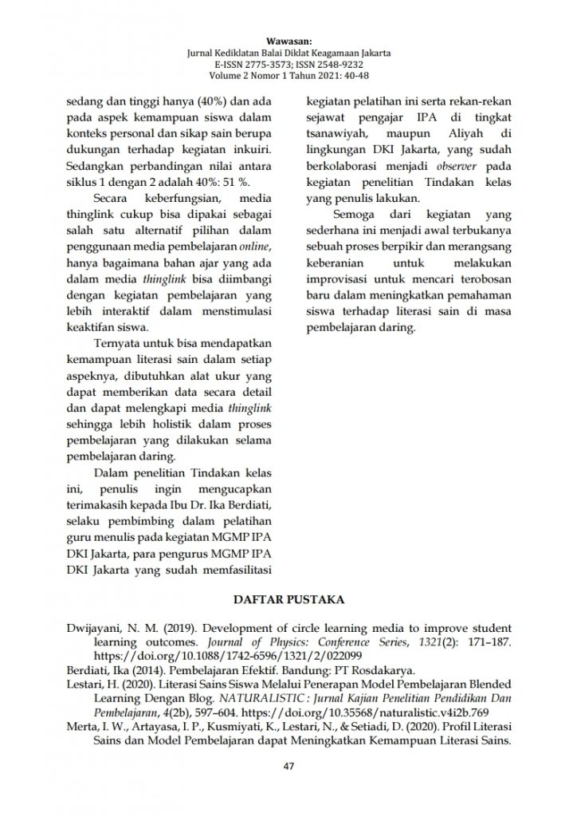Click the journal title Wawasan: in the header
coord(288,40)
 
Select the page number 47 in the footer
coord(288,768)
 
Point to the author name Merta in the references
coord(81,727)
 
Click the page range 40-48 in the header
coord(349,76)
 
